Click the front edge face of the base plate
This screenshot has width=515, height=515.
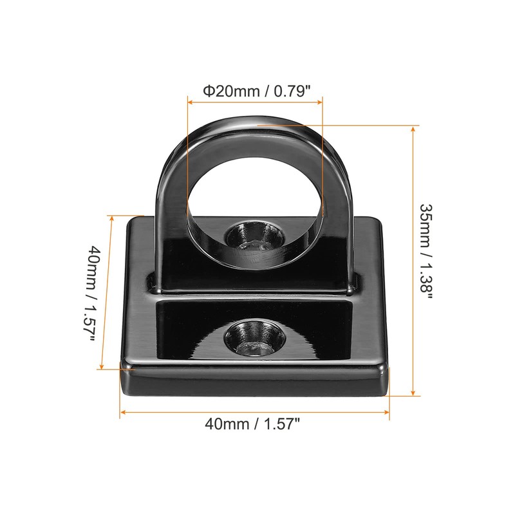click(255, 385)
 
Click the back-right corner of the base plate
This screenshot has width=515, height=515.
click(377, 222)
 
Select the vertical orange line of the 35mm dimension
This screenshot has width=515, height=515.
click(412, 257)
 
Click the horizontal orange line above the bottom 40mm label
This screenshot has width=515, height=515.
click(254, 411)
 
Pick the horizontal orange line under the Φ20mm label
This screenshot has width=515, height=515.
click(254, 101)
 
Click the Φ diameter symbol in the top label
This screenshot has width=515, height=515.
click(209, 91)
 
